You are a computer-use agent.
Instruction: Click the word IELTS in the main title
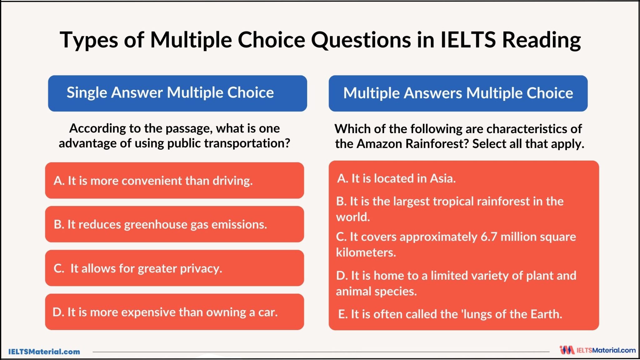(x=468, y=40)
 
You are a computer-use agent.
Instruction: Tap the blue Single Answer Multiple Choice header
(x=177, y=93)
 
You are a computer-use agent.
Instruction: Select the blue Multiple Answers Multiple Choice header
(x=458, y=93)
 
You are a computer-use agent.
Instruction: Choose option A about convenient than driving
(x=174, y=181)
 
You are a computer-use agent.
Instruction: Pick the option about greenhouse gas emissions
(x=174, y=224)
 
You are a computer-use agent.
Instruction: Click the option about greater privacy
(x=174, y=268)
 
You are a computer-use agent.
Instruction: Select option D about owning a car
(x=174, y=312)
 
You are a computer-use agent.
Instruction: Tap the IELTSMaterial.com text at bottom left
(x=44, y=352)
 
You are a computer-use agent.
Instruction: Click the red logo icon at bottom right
(x=567, y=350)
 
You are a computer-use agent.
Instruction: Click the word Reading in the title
(x=542, y=40)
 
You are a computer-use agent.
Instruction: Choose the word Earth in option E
(x=546, y=314)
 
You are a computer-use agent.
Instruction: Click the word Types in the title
(x=89, y=40)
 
